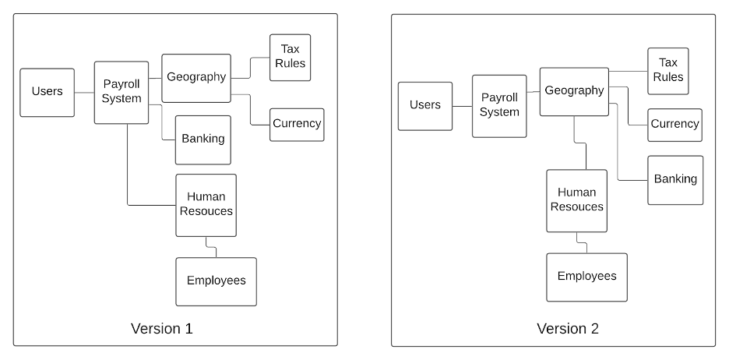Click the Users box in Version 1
coord(47,92)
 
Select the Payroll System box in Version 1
coord(121,92)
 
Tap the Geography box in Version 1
coord(196,78)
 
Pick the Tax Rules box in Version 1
coord(290,57)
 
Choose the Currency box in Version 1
coord(297,124)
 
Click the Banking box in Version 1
coord(202,139)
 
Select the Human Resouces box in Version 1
coord(206,205)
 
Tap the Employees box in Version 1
coord(216,281)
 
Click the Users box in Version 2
coord(424,106)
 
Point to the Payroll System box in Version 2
coord(499,106)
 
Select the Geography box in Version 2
coord(574,91)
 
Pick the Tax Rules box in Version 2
coord(668,71)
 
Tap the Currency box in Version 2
coord(674,125)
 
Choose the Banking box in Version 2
coord(675,180)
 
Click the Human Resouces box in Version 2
coord(576,200)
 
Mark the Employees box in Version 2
coord(586,277)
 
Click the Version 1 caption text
coord(161,328)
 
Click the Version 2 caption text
coord(568,328)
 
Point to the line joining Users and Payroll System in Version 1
coord(84,92)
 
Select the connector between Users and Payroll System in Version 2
coord(462,106)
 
